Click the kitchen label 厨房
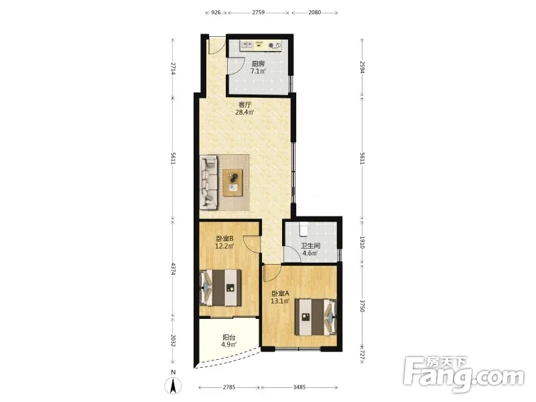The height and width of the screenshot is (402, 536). pyautogui.click(x=258, y=64)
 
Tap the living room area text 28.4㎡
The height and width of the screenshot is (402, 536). pyautogui.click(x=245, y=112)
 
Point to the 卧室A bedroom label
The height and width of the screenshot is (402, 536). pyautogui.click(x=280, y=293)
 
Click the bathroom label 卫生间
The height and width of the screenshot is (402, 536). pyautogui.click(x=310, y=245)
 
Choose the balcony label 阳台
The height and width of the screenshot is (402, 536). pyautogui.click(x=229, y=337)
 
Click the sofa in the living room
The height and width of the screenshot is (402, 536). pyautogui.click(x=209, y=182)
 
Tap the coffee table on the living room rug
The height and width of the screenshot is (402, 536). pyautogui.click(x=232, y=182)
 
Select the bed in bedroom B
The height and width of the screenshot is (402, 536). pyautogui.click(x=220, y=287)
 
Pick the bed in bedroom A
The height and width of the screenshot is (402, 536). pyautogui.click(x=316, y=317)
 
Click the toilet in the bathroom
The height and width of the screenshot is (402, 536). pyautogui.click(x=304, y=229)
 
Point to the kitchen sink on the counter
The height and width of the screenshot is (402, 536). pyautogui.click(x=247, y=45)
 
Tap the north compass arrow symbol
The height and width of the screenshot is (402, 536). pyautogui.click(x=174, y=387)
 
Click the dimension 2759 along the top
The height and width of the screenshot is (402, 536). pyautogui.click(x=259, y=13)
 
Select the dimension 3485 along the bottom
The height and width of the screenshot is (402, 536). pyautogui.click(x=299, y=387)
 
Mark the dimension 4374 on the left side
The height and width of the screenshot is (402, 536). pyautogui.click(x=174, y=269)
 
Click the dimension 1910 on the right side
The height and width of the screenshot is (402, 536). pyautogui.click(x=362, y=243)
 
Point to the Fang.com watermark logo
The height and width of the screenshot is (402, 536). pyautogui.click(x=463, y=375)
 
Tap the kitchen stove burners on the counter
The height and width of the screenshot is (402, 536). pyautogui.click(x=275, y=45)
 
